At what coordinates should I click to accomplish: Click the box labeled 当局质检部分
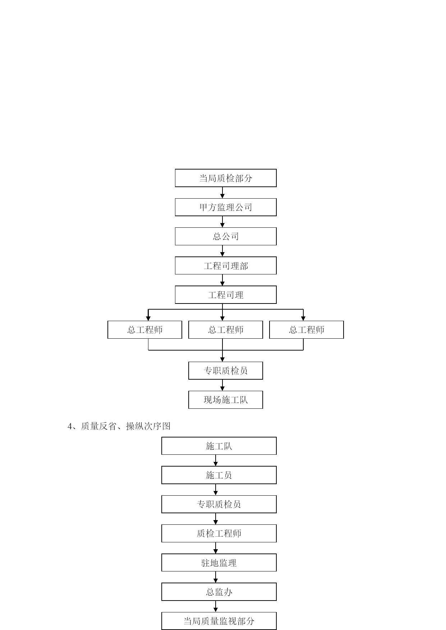pos(226,178)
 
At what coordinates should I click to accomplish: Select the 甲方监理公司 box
pos(226,207)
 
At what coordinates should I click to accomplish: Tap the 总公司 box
pos(226,236)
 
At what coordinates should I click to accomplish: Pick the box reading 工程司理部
pos(226,266)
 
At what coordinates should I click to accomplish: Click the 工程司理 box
pos(226,295)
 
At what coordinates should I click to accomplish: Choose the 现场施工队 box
pos(226,400)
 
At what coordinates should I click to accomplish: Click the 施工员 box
pos(219,475)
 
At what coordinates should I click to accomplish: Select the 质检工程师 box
pos(219,533)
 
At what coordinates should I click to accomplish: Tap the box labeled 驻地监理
pos(219,563)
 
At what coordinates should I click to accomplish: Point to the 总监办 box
pos(219,592)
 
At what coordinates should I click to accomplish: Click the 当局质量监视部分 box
pos(219,621)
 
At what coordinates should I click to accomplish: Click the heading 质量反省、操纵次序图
pos(126,426)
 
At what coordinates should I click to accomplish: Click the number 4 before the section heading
pos(70,426)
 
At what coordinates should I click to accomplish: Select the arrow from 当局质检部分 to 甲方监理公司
pos(222,193)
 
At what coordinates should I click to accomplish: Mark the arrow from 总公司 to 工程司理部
pos(222,251)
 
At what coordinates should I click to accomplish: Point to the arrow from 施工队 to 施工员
pos(216,460)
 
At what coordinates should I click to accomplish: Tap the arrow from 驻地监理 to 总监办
pos(216,577)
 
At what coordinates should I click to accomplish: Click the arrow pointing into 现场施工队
pos(222,385)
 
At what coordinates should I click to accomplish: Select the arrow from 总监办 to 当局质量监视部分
pos(216,606)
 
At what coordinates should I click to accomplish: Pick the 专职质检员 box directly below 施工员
pos(219,504)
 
